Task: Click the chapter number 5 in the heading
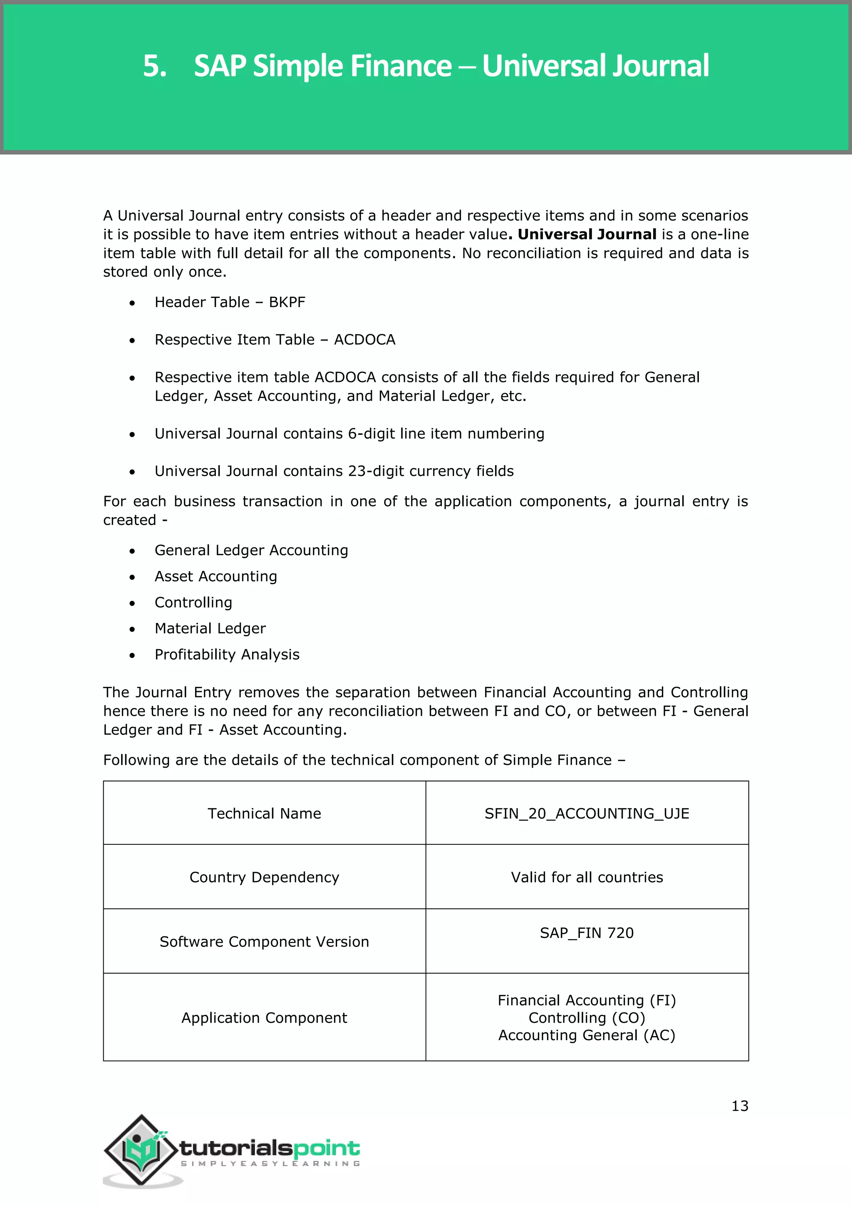tap(154, 67)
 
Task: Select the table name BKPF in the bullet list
tap(287, 302)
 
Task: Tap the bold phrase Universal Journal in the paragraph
tap(587, 235)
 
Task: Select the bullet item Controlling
tap(193, 602)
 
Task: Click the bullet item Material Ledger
tap(210, 628)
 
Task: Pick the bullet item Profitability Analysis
tap(227, 655)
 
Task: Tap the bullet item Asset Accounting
tap(215, 576)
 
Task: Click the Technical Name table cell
tap(265, 813)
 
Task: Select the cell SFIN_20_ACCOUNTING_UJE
tap(587, 813)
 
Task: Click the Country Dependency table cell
tap(265, 878)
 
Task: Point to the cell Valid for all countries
tap(587, 878)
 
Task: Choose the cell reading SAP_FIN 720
tap(587, 933)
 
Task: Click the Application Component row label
tap(265, 1018)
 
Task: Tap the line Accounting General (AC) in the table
tap(587, 1036)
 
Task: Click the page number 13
tap(740, 1106)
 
